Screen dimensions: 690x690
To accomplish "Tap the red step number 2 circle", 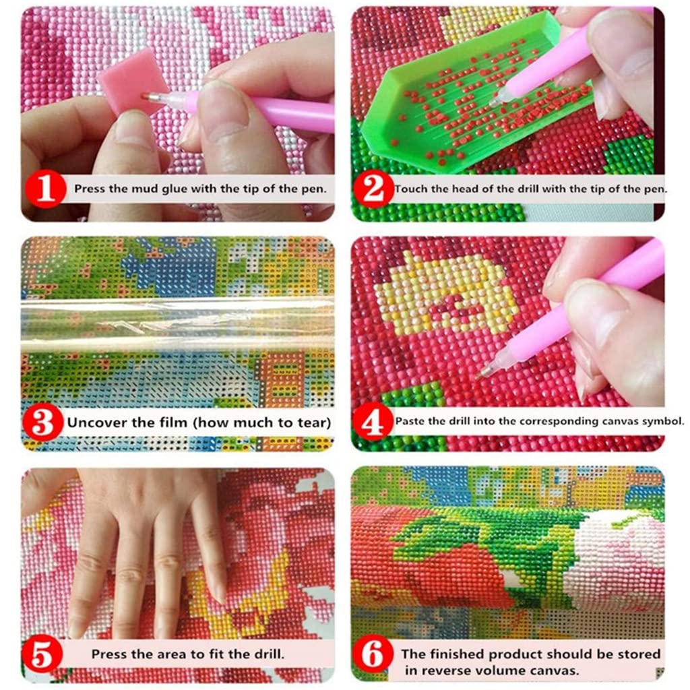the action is (x=373, y=189).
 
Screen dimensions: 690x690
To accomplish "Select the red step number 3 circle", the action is (x=42, y=423).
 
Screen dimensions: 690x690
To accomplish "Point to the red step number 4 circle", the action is (x=373, y=422).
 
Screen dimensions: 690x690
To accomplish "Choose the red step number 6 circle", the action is (x=373, y=654).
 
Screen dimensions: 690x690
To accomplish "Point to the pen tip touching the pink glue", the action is (x=144, y=96).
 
